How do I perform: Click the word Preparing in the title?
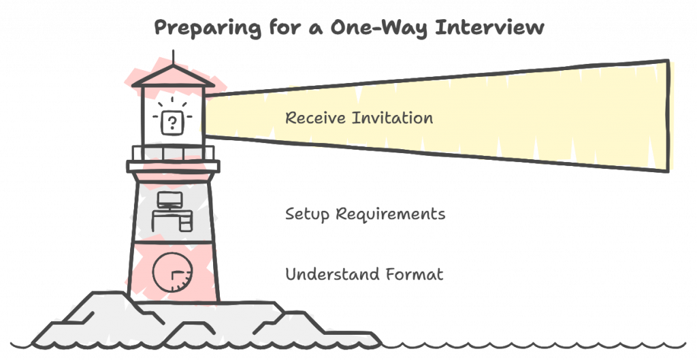click(208, 28)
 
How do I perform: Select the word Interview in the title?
click(489, 27)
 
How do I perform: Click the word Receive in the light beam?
click(315, 118)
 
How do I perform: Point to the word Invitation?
click(393, 118)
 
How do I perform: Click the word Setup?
click(307, 214)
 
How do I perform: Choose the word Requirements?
click(390, 214)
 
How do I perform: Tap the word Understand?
click(332, 274)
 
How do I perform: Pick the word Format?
click(415, 274)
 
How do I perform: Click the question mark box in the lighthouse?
click(172, 122)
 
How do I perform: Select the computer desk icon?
click(172, 212)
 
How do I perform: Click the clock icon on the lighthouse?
click(172, 272)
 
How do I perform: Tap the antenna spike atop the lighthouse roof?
click(173, 57)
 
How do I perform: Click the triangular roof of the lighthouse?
click(173, 76)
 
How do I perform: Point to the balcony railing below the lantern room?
click(173, 153)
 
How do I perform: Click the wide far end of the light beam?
click(668, 116)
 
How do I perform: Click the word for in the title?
click(285, 27)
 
